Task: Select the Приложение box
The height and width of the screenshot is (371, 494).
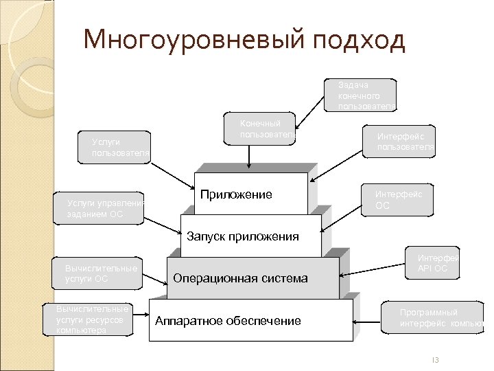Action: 251,195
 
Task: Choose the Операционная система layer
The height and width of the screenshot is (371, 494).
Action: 252,278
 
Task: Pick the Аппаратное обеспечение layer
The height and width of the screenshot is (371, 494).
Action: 250,320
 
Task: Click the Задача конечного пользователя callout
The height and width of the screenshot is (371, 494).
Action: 366,95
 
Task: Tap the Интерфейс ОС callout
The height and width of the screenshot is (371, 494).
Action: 399,199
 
